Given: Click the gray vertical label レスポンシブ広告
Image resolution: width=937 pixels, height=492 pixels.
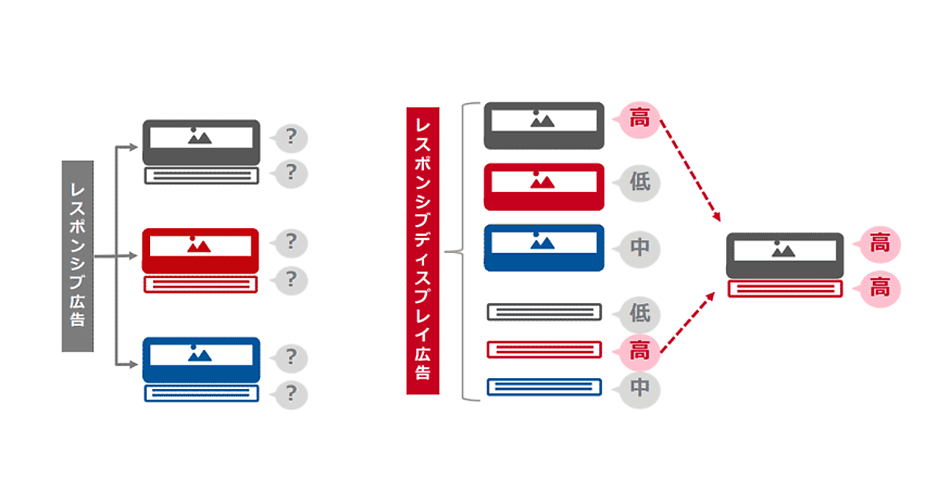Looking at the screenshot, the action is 78,256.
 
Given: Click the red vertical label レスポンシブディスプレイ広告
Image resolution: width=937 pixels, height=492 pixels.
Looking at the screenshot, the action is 422,251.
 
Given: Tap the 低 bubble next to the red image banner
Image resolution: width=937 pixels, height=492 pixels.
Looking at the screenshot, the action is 639,183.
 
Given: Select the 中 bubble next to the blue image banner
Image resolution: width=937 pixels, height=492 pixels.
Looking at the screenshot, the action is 639,249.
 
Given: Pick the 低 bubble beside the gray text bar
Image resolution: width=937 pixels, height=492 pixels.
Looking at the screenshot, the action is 639,314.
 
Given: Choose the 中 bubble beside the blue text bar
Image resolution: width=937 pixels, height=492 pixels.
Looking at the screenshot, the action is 639,389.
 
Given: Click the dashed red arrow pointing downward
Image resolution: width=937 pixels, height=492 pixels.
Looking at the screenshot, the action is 690,171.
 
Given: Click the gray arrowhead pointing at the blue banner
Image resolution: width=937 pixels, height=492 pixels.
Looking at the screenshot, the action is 133,365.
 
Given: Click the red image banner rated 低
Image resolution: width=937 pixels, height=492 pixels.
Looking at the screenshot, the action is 543,187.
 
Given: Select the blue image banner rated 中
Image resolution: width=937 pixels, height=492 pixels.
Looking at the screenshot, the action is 543,248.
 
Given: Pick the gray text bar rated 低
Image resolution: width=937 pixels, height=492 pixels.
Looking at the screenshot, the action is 544,312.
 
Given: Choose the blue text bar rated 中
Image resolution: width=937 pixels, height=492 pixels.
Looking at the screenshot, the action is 544,387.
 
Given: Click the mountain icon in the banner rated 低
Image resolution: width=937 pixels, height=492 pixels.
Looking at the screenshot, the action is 542,180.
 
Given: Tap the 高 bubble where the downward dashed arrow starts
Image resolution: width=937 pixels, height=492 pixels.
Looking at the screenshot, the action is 639,119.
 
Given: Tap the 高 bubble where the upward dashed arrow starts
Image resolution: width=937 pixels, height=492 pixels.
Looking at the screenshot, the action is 639,351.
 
